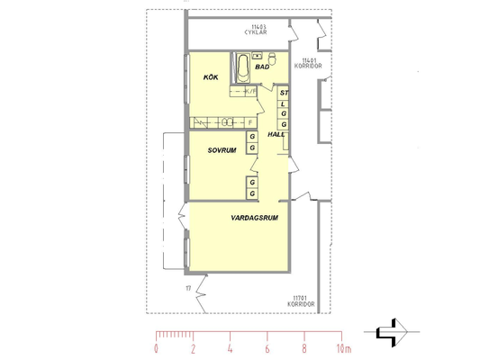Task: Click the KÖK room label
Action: [211, 77]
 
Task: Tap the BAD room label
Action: [262, 67]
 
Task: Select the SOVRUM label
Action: [222, 150]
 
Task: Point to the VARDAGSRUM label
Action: [254, 218]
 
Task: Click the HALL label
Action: [276, 134]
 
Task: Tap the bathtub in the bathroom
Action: [243, 67]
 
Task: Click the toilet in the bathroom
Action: [272, 58]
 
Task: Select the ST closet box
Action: [284, 93]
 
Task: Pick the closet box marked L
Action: [284, 104]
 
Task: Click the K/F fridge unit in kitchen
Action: [250, 91]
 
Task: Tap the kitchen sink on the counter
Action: [227, 122]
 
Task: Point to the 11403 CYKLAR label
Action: [256, 30]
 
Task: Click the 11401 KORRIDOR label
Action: [308, 63]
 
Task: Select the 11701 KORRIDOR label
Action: [301, 301]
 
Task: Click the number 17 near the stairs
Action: [188, 288]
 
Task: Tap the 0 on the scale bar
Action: [156, 348]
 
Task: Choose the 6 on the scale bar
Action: [267, 348]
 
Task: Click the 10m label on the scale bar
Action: [344, 348]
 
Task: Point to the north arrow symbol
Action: [392, 332]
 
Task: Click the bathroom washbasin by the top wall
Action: [258, 56]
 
